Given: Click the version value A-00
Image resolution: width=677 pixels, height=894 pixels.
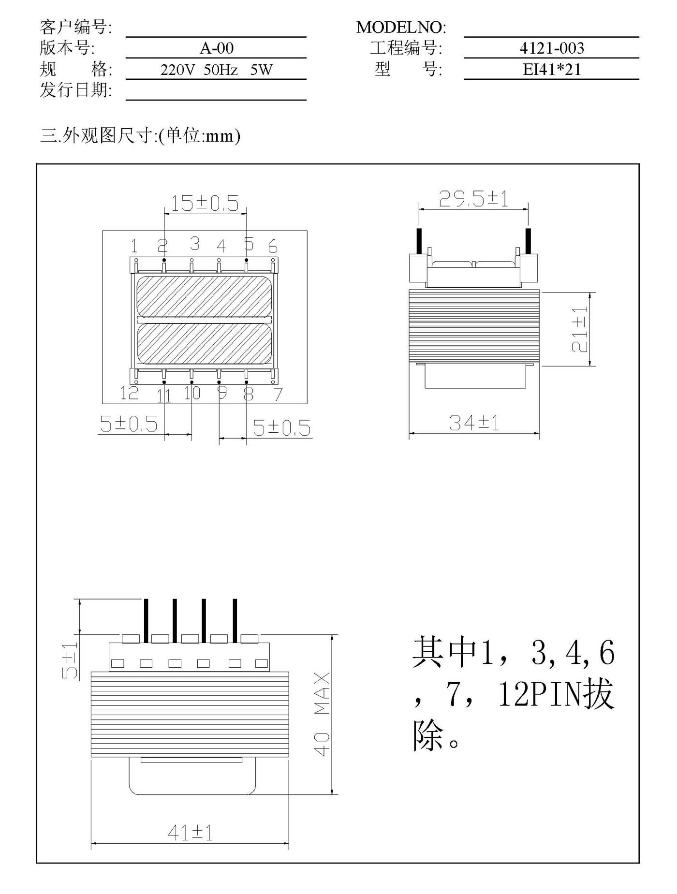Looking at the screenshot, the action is [x=216, y=48].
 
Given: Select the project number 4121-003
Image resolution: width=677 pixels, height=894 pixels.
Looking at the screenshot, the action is [x=552, y=48].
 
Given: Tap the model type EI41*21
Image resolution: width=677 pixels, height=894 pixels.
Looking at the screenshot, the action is [x=552, y=69].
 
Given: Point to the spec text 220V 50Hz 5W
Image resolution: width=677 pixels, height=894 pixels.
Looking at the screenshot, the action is [x=216, y=70].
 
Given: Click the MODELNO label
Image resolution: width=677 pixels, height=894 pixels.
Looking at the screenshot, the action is [x=401, y=28].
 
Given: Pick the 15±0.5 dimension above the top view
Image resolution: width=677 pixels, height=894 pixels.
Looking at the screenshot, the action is [x=205, y=204].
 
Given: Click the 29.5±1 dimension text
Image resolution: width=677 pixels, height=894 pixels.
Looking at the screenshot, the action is [x=473, y=199].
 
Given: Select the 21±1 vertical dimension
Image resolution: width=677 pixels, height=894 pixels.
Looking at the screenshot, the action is [x=579, y=329].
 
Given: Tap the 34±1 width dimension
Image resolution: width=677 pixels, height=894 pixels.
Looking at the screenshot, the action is [x=474, y=423].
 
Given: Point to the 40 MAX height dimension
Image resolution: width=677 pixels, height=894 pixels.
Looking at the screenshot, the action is [x=322, y=714].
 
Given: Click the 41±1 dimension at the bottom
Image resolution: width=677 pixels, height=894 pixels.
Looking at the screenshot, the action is [x=190, y=833].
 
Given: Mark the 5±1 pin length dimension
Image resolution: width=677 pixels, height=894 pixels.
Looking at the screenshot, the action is [x=70, y=661].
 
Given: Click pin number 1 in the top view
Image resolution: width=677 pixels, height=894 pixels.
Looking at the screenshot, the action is [x=134, y=246].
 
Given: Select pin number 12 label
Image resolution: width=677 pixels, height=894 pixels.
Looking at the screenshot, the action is [x=129, y=393].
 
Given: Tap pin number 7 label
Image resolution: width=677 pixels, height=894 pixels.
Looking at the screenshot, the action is [x=278, y=395].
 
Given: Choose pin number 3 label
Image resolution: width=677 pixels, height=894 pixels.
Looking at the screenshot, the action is [x=195, y=243].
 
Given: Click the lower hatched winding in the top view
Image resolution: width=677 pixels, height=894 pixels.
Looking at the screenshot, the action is [x=204, y=343].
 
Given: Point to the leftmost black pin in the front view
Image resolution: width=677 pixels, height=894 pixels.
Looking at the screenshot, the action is [x=145, y=621].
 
